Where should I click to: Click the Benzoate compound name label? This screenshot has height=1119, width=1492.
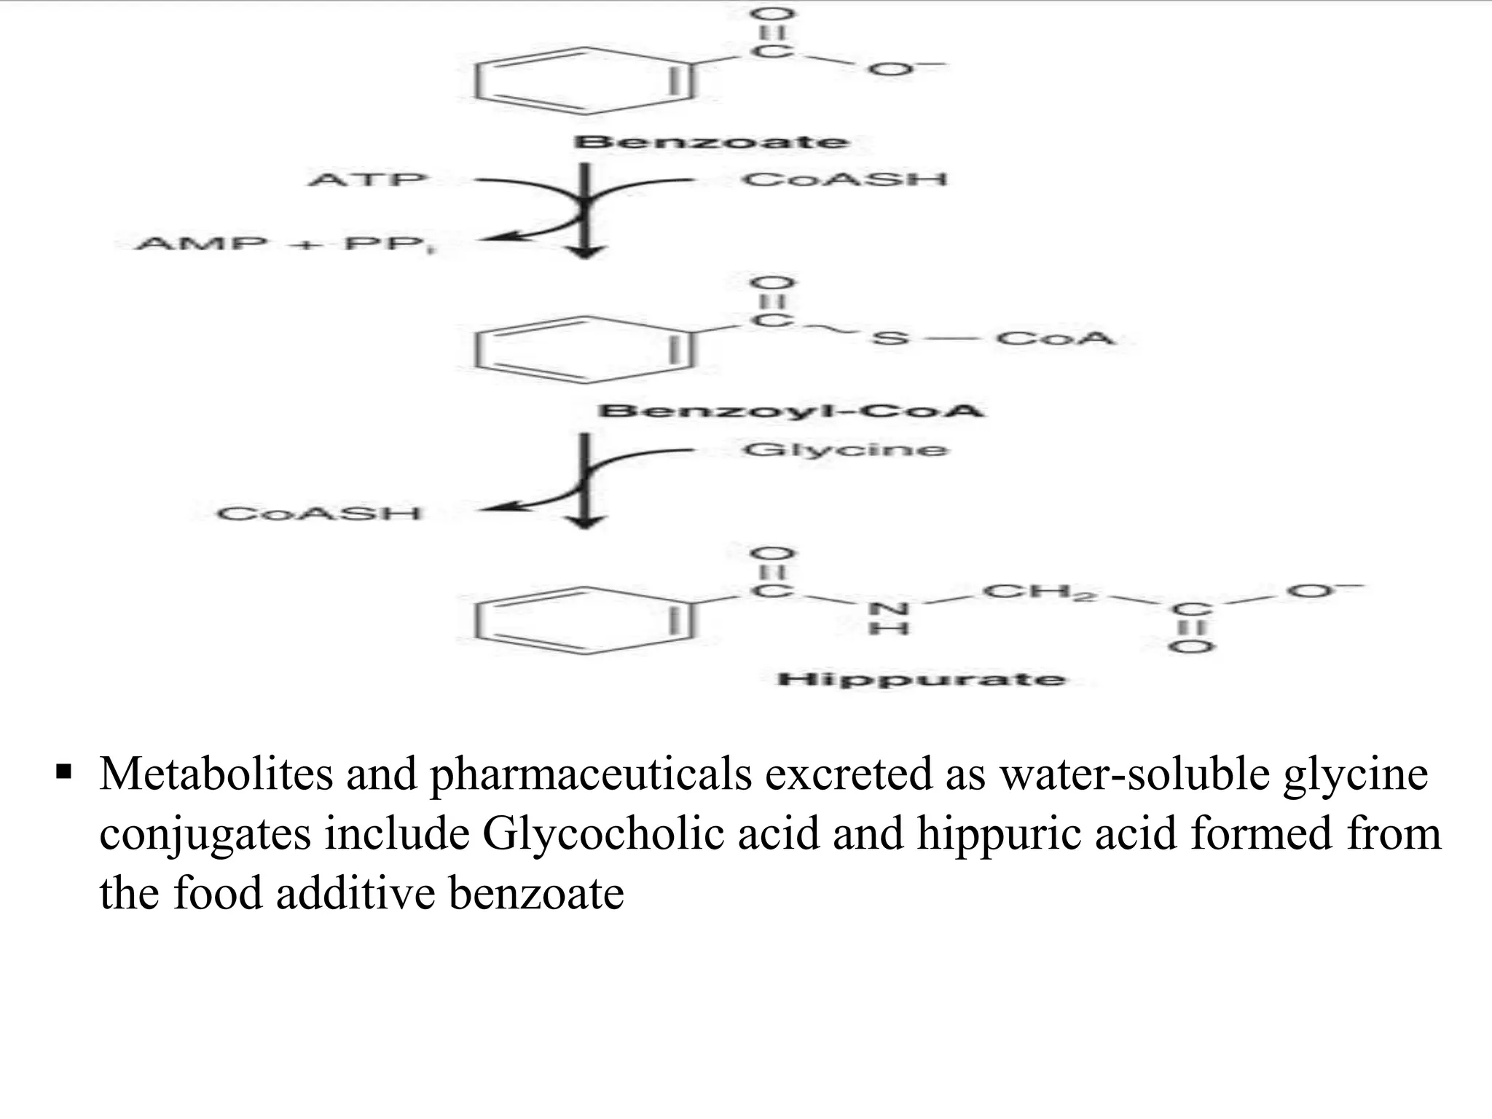(x=711, y=141)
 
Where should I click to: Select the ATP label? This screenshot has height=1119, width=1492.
(x=367, y=179)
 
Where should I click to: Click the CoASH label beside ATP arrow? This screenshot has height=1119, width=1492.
(x=844, y=179)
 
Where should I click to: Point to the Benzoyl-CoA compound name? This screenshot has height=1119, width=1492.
(x=790, y=410)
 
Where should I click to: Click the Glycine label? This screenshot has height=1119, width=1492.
(x=845, y=450)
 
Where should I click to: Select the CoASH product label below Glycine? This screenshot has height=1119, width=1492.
(x=319, y=514)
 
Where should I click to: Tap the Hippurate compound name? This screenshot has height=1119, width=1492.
(x=921, y=680)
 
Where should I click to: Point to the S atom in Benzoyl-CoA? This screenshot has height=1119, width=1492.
(x=890, y=339)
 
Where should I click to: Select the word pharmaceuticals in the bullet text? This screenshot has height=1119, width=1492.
(x=591, y=774)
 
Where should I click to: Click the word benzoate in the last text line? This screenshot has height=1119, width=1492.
(x=536, y=893)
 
